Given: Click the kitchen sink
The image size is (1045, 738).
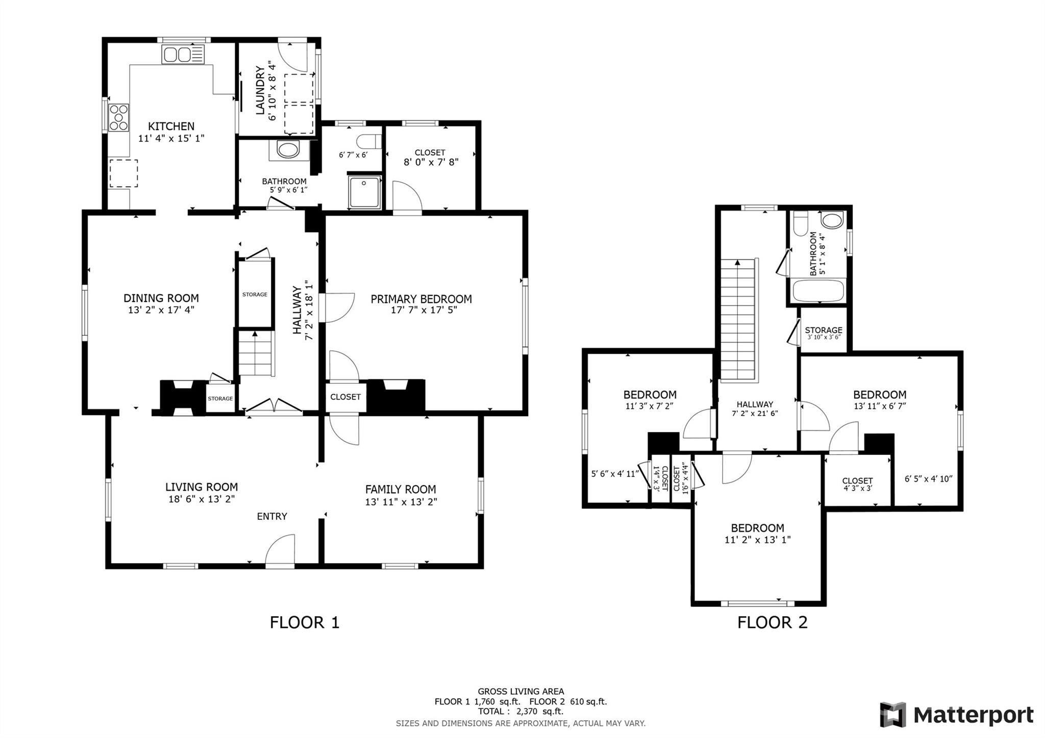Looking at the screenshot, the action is (183, 55).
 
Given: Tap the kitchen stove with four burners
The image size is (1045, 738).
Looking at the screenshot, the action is (119, 117).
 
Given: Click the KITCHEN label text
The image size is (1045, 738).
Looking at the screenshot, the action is (171, 126).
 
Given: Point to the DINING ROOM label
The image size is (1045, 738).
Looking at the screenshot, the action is (161, 298).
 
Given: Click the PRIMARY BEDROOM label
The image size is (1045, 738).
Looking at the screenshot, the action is (421, 299).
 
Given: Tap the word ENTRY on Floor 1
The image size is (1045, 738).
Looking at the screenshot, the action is (272, 516).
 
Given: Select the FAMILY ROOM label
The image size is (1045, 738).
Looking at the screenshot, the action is (401, 490).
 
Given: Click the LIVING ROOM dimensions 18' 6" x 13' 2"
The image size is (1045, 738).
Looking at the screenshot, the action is (202, 499).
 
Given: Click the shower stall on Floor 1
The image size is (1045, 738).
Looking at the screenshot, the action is (365, 192).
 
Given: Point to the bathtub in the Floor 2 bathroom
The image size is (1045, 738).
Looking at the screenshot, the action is (818, 291).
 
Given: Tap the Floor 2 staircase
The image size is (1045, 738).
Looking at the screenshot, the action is (737, 319).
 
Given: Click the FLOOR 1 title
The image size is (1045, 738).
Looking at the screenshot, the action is (305, 622).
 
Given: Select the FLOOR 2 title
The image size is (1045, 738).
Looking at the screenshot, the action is (773, 622).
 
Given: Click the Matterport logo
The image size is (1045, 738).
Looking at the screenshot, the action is (957, 715).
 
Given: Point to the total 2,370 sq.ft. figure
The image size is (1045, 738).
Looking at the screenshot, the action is (521, 711).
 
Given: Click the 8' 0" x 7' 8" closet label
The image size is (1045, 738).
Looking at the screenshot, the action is (431, 162).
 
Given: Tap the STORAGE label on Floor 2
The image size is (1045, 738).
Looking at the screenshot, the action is (824, 330).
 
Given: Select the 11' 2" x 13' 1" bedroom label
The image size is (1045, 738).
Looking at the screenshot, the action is (758, 540).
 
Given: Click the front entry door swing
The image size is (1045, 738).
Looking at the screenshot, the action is (280, 550).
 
